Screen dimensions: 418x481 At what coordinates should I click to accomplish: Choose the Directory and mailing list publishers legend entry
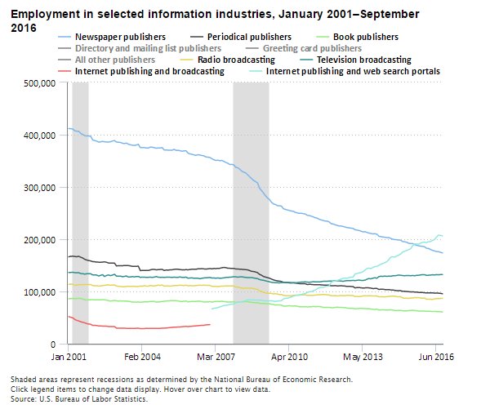pos(148,49)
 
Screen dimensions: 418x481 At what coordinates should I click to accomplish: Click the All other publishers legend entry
pos(114,60)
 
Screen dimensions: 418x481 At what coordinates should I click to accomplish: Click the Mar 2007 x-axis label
pos(214,357)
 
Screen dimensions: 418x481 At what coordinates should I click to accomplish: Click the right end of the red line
pos(210,324)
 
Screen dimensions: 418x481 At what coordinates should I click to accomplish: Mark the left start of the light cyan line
pos(212,309)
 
